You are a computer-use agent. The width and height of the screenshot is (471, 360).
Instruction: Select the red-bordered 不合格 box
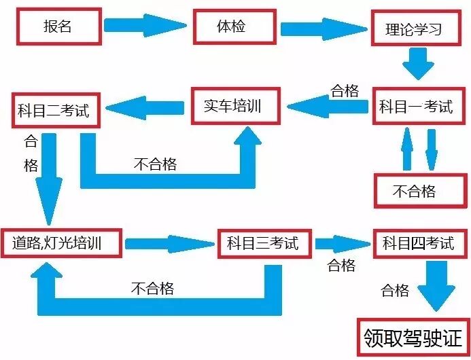[x=414, y=192]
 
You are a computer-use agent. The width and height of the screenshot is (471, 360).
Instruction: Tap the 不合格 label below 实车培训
[x=156, y=164]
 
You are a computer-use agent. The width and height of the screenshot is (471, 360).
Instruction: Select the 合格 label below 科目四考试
[x=395, y=291]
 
